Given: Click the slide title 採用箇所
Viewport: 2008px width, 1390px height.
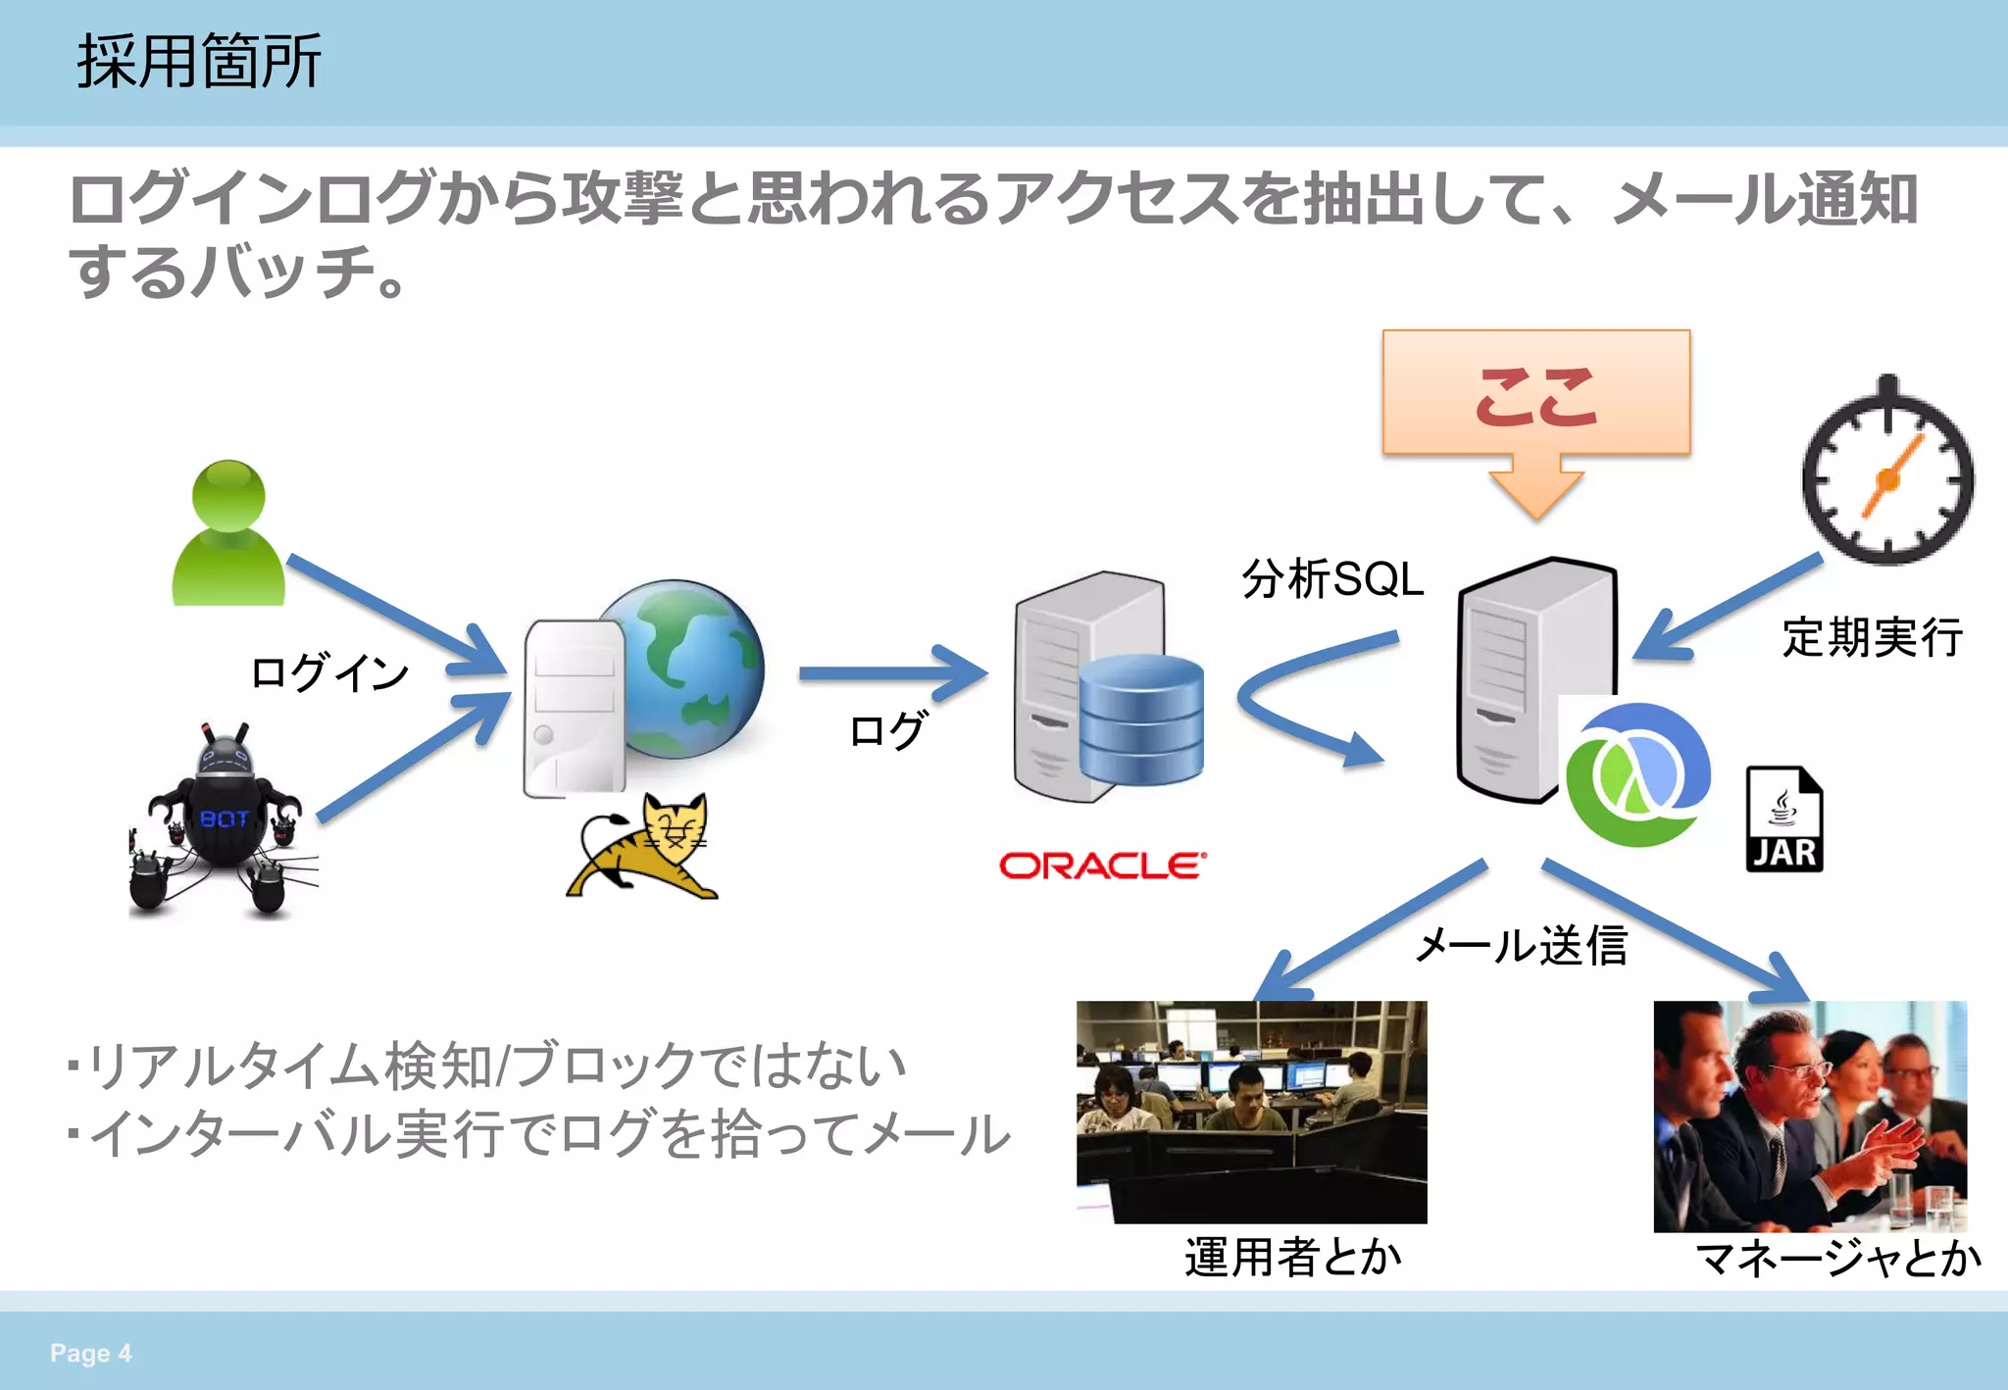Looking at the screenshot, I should click(x=199, y=62).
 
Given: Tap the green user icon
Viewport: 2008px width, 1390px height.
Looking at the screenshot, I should click(x=228, y=534).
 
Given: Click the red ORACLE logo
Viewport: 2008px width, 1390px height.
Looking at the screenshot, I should click(x=1102, y=866).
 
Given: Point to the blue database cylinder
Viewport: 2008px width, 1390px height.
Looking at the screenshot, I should click(x=1141, y=720).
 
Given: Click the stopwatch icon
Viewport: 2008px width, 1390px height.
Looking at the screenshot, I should click(x=1887, y=475).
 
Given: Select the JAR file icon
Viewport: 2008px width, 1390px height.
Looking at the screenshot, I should click(x=1783, y=820).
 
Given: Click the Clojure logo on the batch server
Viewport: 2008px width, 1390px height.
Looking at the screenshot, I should click(x=1635, y=774).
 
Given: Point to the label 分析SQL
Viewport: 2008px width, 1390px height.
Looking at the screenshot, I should click(x=1331, y=578).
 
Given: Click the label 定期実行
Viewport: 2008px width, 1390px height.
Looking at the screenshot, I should click(x=1871, y=637).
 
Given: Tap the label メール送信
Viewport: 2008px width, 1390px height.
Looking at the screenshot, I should click(x=1521, y=946).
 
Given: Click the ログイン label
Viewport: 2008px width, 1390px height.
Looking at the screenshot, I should click(x=328, y=672).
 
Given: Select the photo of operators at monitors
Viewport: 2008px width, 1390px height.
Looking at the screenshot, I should click(x=1251, y=1111).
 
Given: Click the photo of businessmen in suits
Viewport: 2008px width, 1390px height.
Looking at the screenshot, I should click(x=1809, y=1116).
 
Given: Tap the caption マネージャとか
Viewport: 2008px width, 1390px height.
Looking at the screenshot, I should click(x=1837, y=1258).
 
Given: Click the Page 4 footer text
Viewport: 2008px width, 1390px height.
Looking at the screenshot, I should click(x=90, y=1353).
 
